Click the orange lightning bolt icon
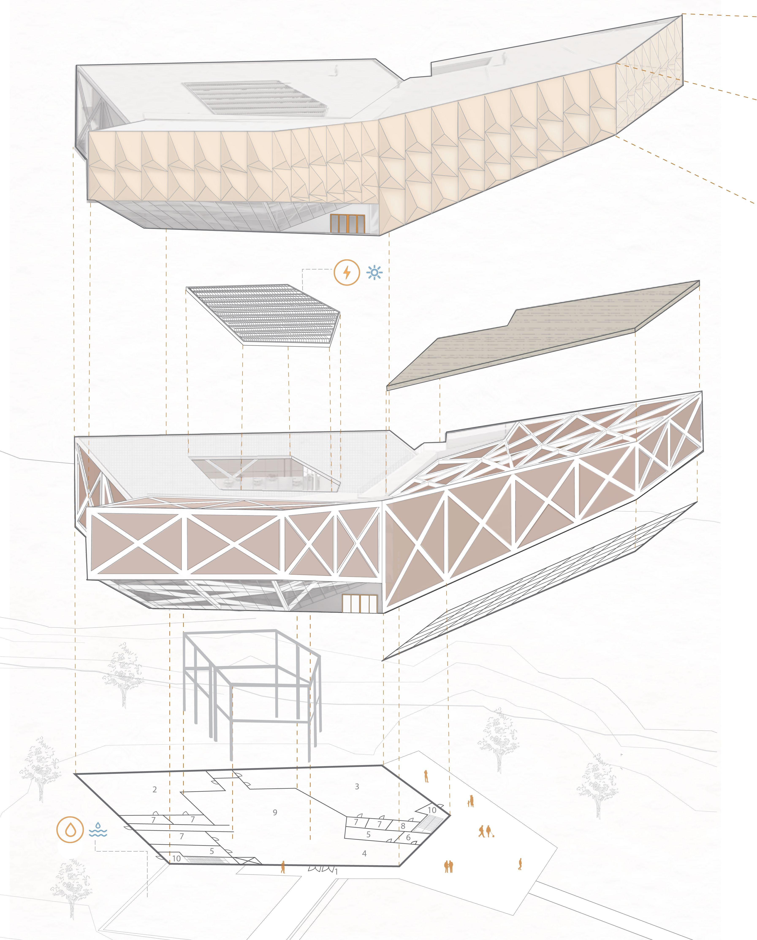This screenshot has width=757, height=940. pos(347,273)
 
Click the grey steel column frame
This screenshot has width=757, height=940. pos(253,689)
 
